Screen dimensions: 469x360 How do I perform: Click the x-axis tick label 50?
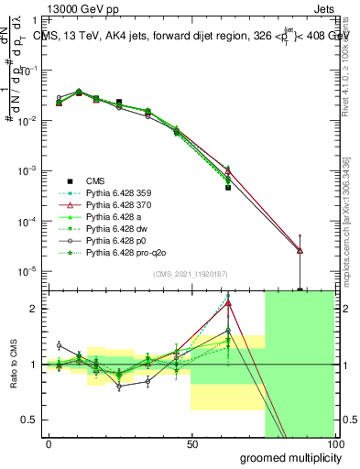pyautogui.click(x=191, y=443)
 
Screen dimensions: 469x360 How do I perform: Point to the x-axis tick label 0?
pyautogui.click(x=49, y=443)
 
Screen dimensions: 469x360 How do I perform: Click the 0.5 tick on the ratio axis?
pyautogui.click(x=29, y=420)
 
